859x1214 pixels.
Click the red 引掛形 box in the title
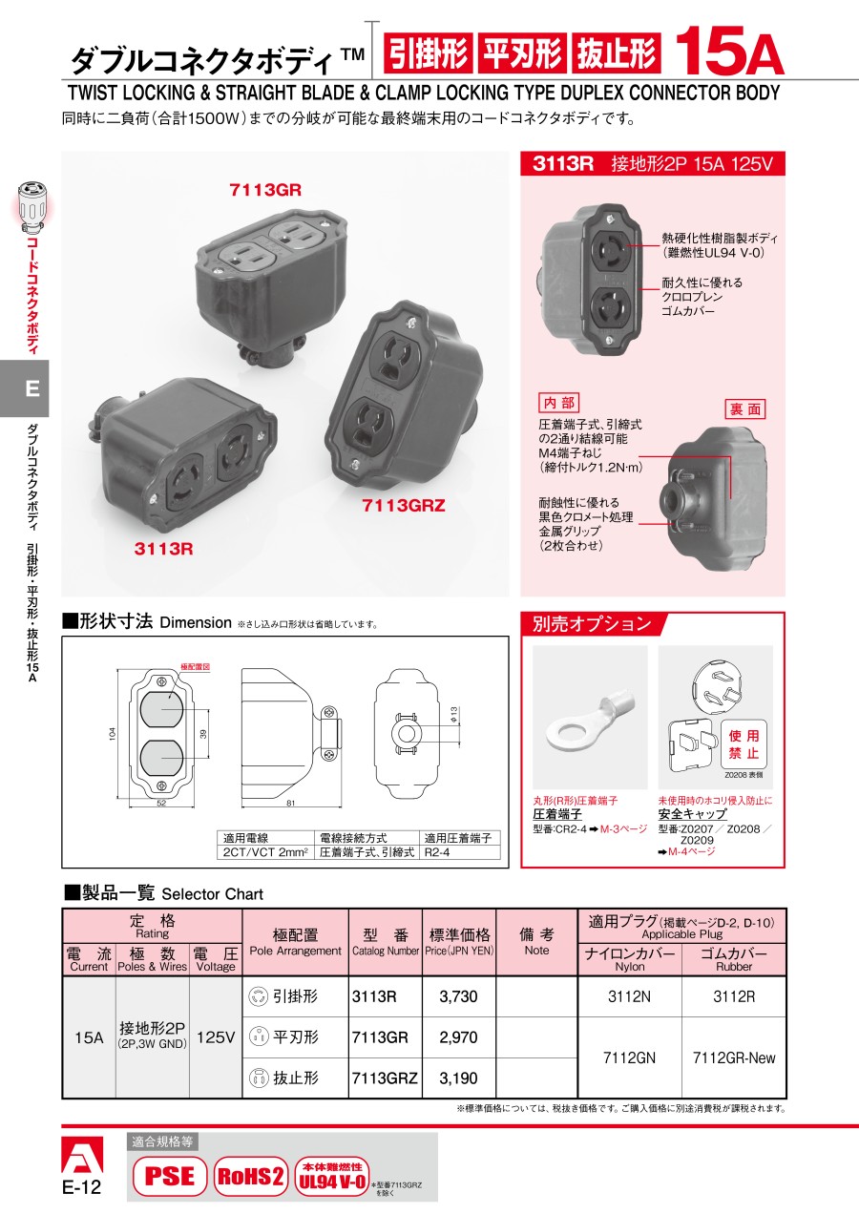click(428, 55)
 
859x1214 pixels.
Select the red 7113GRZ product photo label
click(404, 506)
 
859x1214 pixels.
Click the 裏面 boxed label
click(745, 408)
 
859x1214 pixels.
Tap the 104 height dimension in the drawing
click(112, 733)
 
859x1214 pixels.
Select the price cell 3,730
click(458, 996)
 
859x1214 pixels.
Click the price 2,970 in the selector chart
click(458, 1037)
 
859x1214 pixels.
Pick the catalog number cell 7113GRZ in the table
click(385, 1078)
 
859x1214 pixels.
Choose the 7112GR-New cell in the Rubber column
click(734, 1057)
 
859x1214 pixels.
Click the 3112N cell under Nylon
click(630, 996)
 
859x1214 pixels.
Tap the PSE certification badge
click(168, 1177)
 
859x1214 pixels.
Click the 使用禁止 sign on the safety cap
click(744, 745)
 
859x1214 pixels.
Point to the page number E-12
click(81, 1187)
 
